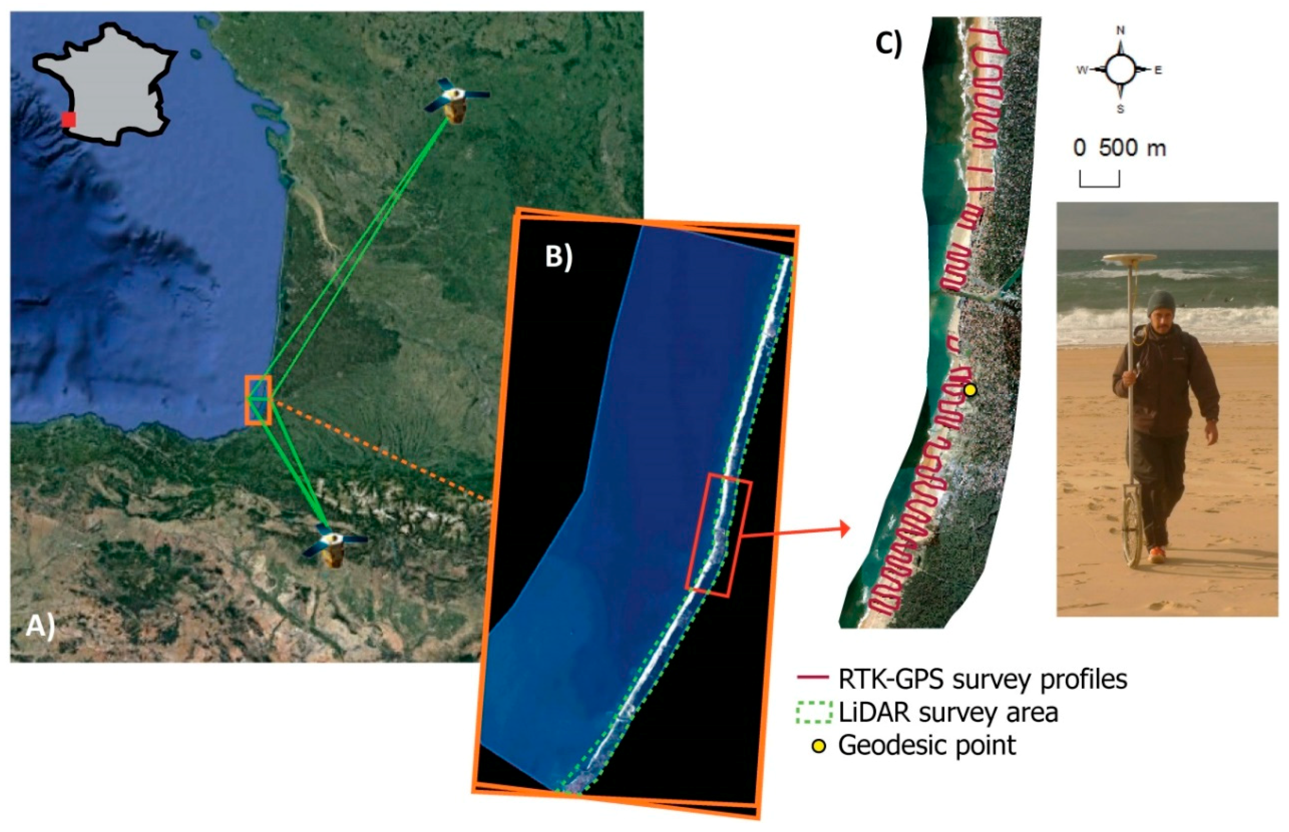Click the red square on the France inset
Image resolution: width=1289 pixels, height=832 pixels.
[x=69, y=120]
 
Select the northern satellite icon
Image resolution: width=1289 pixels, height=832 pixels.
[x=456, y=101]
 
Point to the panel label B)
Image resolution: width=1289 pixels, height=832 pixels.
[x=558, y=257]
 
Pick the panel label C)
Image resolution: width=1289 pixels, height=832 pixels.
[x=889, y=43]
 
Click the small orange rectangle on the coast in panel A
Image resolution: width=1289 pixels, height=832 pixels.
[x=258, y=400]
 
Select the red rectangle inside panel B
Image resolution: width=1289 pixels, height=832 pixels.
[x=718, y=535]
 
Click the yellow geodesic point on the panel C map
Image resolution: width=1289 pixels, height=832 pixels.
[x=970, y=389]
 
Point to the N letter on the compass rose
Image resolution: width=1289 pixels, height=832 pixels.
[x=1120, y=31]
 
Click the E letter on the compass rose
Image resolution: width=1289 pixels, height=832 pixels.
[x=1158, y=70]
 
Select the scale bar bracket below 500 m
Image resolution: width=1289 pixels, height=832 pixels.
[x=1099, y=180]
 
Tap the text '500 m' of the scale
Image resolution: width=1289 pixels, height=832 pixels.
[x=1132, y=148]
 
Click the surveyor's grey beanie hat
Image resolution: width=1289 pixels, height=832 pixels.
[x=1161, y=303]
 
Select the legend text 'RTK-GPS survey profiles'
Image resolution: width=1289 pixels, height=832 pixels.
[x=983, y=679]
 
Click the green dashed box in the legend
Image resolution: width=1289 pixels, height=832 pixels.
[x=814, y=712]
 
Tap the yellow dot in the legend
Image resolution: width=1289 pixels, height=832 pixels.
[x=819, y=747]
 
